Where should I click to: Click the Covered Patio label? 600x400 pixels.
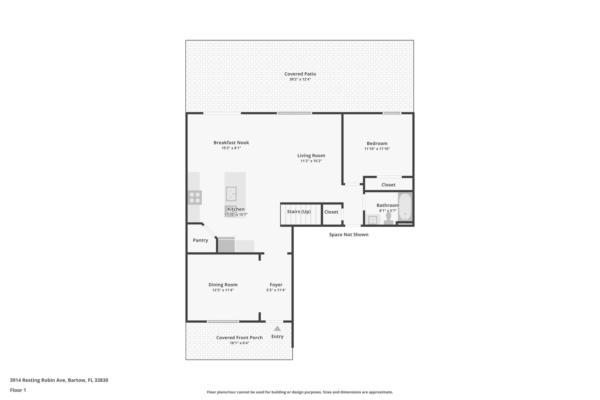tap(300, 74)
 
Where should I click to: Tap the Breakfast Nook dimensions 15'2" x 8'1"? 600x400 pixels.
tap(231, 148)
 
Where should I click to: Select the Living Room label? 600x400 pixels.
tap(311, 156)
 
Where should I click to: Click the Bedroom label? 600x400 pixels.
tap(377, 143)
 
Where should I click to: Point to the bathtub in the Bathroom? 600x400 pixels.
tap(405, 207)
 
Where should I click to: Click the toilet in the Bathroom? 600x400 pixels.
tap(388, 218)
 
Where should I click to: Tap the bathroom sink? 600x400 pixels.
tap(372, 220)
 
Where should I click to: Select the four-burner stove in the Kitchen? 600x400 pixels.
tap(195, 197)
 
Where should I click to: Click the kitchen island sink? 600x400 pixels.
tap(231, 194)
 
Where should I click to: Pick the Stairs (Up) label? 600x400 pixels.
tap(299, 212)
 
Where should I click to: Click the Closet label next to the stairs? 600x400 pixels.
tap(331, 212)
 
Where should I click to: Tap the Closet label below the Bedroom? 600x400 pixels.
tap(388, 185)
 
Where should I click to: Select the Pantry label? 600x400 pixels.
tap(200, 240)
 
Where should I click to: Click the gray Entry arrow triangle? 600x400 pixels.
tap(277, 328)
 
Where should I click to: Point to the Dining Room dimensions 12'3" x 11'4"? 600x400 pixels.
tap(223, 290)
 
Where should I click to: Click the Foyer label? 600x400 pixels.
tap(276, 285)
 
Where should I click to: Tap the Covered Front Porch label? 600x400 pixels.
tap(239, 338)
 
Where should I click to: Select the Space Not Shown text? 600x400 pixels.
tap(349, 234)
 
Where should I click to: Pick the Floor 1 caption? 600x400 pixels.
tap(18, 390)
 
